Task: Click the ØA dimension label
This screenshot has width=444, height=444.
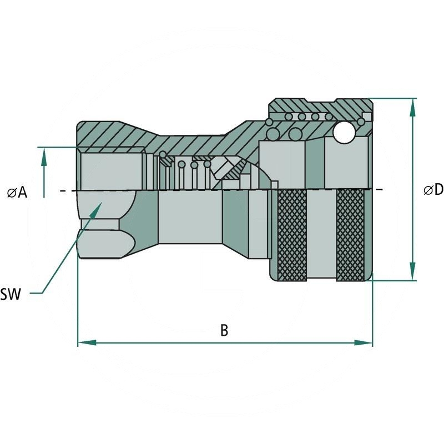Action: coord(17,192)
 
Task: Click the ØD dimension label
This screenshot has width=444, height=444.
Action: coord(433,190)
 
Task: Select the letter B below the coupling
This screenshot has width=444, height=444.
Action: coord(224,330)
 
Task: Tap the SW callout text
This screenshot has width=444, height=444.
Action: coord(11,295)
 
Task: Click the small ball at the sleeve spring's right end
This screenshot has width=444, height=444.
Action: coord(361,120)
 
